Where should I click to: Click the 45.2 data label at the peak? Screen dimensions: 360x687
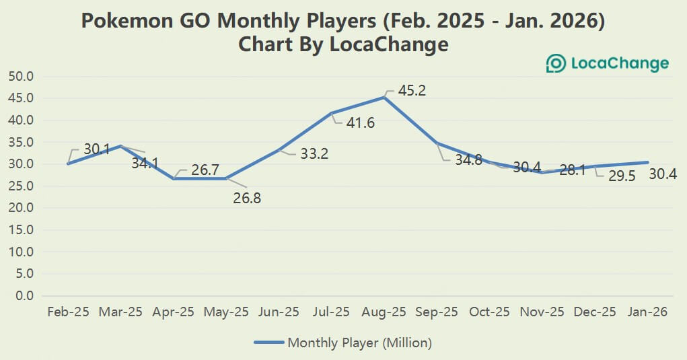pyautogui.click(x=411, y=90)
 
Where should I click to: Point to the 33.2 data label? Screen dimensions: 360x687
pyautogui.click(x=314, y=154)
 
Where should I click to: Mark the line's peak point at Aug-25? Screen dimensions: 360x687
pyautogui.click(x=384, y=98)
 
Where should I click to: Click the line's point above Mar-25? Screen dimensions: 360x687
pyautogui.click(x=120, y=146)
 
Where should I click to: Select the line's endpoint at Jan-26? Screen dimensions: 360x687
pyautogui.click(x=647, y=162)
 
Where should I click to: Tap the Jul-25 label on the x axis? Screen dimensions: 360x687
pyautogui.click(x=331, y=312)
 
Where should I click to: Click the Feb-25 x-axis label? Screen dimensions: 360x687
pyautogui.click(x=68, y=312)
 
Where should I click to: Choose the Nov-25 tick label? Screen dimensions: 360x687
pyautogui.click(x=542, y=312)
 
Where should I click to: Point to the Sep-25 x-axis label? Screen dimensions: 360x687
pyautogui.click(x=437, y=312)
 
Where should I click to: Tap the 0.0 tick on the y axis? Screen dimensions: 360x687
pyautogui.click(x=24, y=295)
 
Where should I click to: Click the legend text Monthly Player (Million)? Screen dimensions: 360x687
pyautogui.click(x=359, y=343)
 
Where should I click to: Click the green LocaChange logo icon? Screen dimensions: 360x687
pyautogui.click(x=556, y=64)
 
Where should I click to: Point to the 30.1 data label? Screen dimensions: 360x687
pyautogui.click(x=97, y=149)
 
